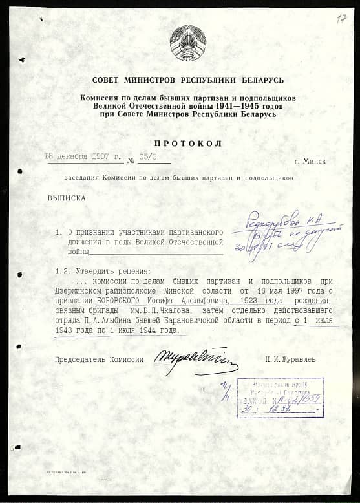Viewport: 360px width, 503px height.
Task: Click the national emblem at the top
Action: coord(188,44)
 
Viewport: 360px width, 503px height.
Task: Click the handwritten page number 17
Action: coord(341,18)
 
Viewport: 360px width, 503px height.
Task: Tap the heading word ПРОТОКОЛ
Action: coord(188,144)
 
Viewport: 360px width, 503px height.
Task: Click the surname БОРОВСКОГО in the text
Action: coord(119,301)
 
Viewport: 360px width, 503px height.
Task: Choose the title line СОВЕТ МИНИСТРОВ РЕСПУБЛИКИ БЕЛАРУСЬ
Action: coord(188,80)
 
